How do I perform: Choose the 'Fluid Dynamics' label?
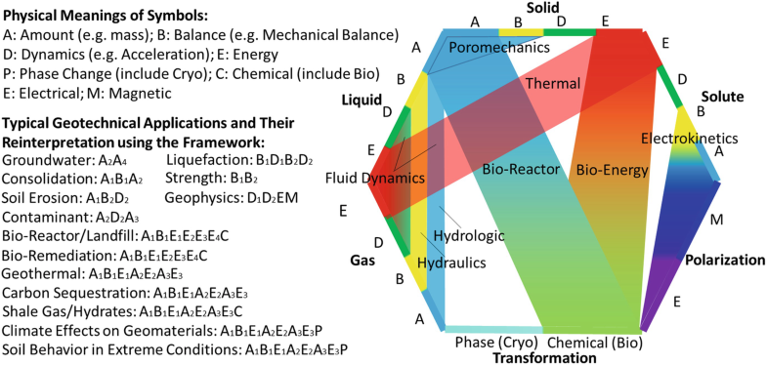376,179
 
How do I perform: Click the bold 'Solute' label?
722,97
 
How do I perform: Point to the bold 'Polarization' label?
724,261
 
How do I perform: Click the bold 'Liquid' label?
360,100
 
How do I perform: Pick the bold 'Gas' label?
363,261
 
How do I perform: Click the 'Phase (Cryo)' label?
493,343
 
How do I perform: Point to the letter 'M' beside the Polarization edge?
716,221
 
